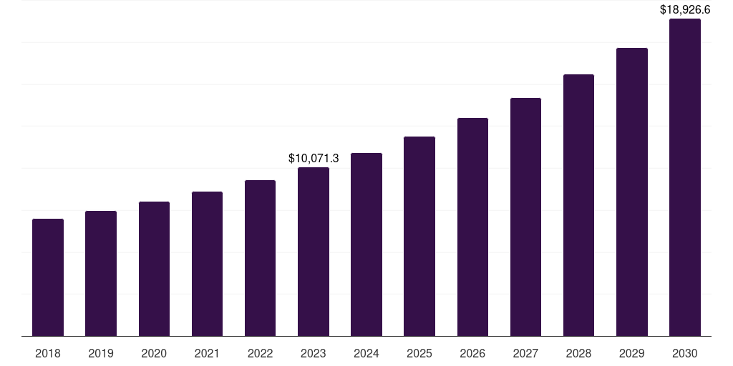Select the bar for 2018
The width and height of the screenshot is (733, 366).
point(48,277)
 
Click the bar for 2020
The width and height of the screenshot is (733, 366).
point(154,269)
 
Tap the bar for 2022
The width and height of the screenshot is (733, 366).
point(260,258)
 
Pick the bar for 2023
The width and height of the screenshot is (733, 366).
point(314,252)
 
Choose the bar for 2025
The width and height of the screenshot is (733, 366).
point(419,236)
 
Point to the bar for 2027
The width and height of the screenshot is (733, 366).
point(525,217)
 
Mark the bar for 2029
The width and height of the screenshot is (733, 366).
point(632,192)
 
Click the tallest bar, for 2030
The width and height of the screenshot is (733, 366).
point(685,177)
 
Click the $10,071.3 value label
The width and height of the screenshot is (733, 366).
point(314,158)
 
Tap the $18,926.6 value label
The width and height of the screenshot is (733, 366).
point(685,10)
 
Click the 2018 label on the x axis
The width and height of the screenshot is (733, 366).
point(48,353)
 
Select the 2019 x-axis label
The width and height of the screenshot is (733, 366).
point(101,353)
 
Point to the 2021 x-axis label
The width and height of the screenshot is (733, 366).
point(207,353)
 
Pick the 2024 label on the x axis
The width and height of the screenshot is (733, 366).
point(366,353)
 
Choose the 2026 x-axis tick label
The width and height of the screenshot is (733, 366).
point(472,353)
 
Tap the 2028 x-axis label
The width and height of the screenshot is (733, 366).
point(578,353)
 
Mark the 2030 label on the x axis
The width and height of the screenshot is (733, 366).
point(685,353)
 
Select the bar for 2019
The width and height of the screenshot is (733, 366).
point(101,273)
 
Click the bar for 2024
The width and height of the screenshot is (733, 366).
point(366,244)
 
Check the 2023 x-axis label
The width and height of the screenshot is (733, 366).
point(314,353)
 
